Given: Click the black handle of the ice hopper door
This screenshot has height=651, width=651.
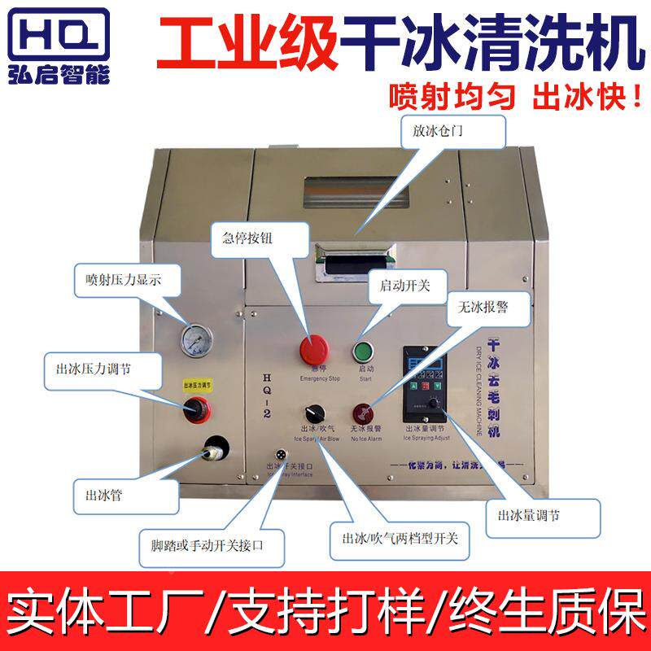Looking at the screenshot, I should point(359,264).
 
